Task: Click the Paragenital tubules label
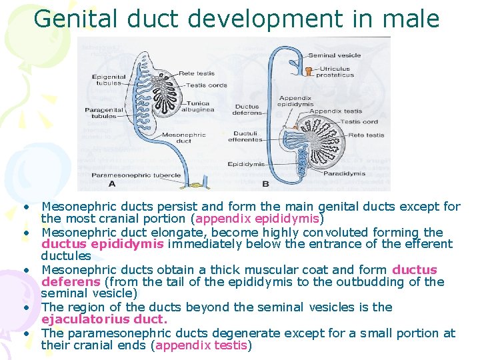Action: click(x=101, y=113)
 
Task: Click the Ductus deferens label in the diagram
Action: click(x=247, y=109)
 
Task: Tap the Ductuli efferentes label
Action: click(x=245, y=137)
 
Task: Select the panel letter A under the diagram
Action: click(x=111, y=183)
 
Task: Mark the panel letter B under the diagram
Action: click(x=266, y=183)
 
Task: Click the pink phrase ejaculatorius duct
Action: click(x=104, y=319)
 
